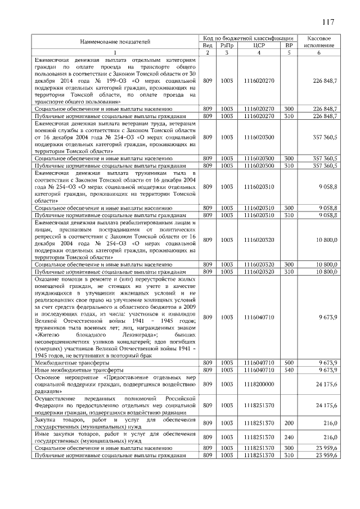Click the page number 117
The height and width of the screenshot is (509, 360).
(329, 22)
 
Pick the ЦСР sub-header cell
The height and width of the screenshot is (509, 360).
(259, 45)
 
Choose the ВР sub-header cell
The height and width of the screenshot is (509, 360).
(289, 45)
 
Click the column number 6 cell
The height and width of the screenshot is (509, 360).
(319, 52)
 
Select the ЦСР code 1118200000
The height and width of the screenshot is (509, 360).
(259, 384)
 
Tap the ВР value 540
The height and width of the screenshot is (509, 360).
(289, 370)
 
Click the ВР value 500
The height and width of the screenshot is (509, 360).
(289, 363)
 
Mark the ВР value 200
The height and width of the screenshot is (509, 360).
(289, 422)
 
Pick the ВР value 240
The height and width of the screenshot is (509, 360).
(289, 436)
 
